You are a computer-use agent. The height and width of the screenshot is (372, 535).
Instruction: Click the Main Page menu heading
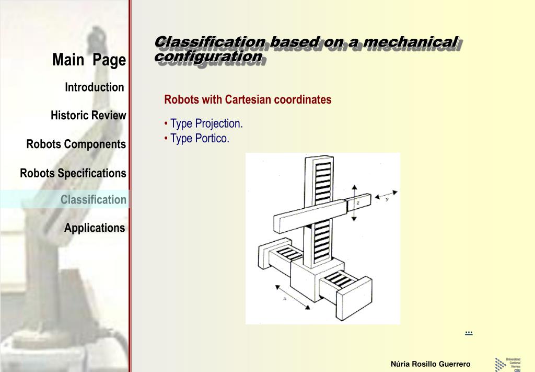coord(89,60)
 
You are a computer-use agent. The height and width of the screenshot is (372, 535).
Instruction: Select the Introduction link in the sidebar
coord(94,87)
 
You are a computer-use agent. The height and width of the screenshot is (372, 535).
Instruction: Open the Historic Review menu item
coord(88,116)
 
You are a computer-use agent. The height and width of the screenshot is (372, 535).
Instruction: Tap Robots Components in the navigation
coord(76,144)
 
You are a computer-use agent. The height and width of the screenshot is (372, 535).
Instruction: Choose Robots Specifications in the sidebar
coord(73,173)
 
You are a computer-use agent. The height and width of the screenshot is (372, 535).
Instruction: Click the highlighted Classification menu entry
coord(93,200)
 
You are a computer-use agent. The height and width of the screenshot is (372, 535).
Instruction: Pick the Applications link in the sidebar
coord(95,228)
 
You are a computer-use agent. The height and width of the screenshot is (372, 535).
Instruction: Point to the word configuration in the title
coord(208,56)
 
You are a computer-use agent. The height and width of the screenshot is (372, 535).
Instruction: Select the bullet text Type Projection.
coord(206,124)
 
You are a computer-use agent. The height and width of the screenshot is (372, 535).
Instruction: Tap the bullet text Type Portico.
coord(200,139)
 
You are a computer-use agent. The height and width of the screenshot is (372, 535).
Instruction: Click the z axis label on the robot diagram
coord(358,202)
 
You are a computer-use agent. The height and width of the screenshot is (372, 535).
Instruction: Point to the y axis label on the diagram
coord(387,199)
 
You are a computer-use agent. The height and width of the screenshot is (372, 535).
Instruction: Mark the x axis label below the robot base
coord(285,298)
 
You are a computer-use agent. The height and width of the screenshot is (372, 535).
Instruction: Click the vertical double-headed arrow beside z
coord(354,203)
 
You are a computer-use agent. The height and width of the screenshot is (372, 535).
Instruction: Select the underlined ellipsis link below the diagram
coord(468,332)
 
